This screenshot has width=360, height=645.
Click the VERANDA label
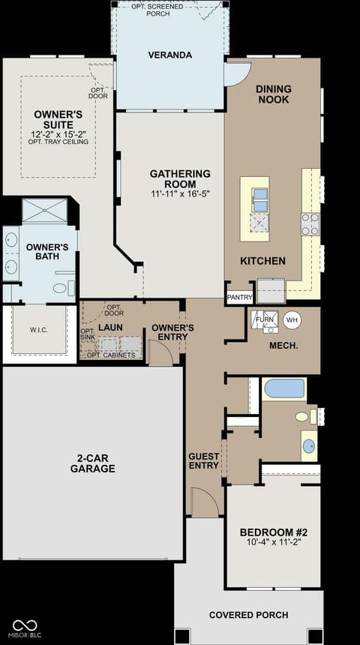coord(170,55)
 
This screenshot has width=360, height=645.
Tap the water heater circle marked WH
coord(292,319)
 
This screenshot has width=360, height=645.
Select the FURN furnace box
coord(265,319)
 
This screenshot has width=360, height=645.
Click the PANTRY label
coord(239,298)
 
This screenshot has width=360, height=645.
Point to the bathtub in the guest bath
coord(284,388)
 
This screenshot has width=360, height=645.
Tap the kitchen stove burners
coord(310,223)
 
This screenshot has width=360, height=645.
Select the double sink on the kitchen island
coord(260,199)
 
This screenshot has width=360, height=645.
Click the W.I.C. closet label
coord(39,330)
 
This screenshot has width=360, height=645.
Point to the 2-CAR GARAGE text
coord(92,463)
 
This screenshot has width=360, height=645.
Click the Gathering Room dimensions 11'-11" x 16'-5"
coord(180,193)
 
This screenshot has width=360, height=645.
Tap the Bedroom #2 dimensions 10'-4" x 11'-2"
coord(274,542)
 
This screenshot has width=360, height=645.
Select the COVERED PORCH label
coord(248,615)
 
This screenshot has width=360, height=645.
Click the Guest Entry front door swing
coord(206,501)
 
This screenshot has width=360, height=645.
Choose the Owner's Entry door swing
coord(161,353)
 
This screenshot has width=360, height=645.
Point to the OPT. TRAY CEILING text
coord(58,142)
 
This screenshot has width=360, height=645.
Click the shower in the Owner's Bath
coord(44,211)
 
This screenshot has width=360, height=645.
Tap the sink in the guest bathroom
coord(309,446)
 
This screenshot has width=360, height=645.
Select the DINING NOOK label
coord(274,94)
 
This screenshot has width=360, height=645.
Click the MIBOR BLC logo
coord(27,629)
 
